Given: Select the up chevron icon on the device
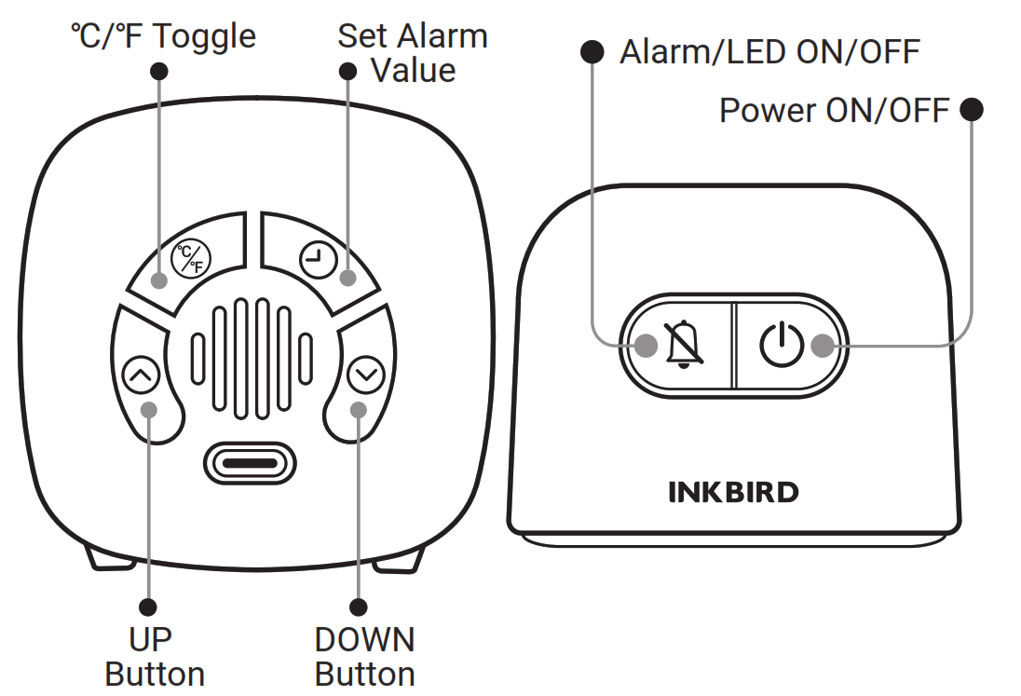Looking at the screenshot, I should coord(141,375).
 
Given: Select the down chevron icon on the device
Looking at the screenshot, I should coord(365,375).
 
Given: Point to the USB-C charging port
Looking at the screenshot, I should coord(249,463).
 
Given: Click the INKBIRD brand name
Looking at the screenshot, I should coord(733,492).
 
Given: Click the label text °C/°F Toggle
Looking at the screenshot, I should coord(163,36).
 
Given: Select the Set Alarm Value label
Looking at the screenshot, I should coord(413,53).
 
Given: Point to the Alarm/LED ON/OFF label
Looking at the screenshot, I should coord(769,51).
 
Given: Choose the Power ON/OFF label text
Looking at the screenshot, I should coord(834,111).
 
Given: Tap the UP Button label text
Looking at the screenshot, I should coord(155,657).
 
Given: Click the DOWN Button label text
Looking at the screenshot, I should coord(364,657).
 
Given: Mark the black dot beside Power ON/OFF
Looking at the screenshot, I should coord(972,111).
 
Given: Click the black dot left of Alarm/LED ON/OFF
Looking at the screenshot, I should coord(592,51).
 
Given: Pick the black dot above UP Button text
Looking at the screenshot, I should coord(149,607).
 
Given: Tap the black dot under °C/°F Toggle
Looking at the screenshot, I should coord(159,71).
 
